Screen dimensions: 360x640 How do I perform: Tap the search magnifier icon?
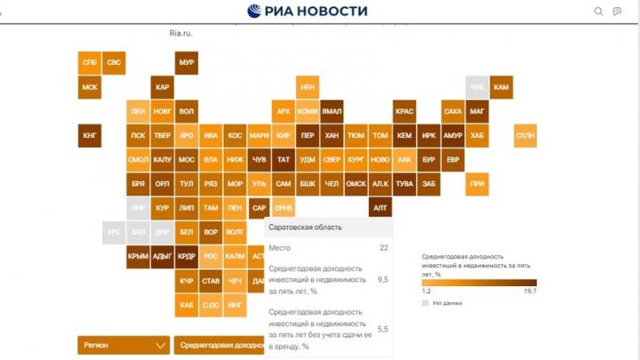click(598, 12)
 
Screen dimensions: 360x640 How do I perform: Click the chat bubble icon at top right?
click(618, 12)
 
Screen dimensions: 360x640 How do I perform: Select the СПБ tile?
click(90, 63)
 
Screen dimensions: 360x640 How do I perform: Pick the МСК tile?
click(90, 87)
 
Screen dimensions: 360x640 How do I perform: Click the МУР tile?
click(186, 63)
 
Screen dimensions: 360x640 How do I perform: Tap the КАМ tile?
click(501, 87)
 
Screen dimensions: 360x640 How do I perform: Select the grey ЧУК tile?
click(477, 87)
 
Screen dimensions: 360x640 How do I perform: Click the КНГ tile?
click(90, 136)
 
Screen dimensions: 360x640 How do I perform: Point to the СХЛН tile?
click(525, 136)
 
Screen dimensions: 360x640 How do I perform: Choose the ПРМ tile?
click(477, 184)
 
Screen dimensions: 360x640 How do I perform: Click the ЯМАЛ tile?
click(332, 112)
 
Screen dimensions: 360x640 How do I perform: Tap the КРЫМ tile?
click(138, 256)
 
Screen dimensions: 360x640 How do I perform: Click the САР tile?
click(259, 208)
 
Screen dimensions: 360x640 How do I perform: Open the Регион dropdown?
click(123, 345)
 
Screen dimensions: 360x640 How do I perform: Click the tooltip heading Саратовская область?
click(307, 228)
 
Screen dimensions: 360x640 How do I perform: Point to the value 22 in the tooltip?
click(383, 247)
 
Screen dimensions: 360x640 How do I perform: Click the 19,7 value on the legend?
click(530, 291)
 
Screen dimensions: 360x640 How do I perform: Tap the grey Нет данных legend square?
click(425, 303)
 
